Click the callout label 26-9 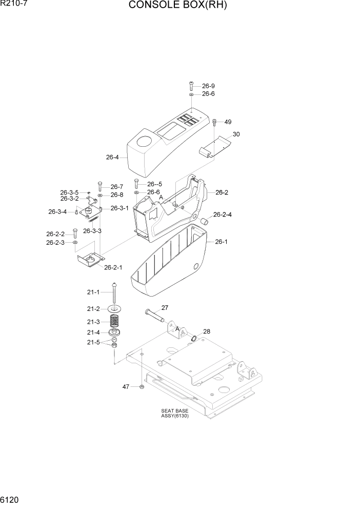click(208, 86)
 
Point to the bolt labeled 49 click(214, 122)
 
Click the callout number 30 click(236, 134)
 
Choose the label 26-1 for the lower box click(221, 242)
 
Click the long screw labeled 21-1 click(113, 293)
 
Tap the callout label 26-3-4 click(57, 212)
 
